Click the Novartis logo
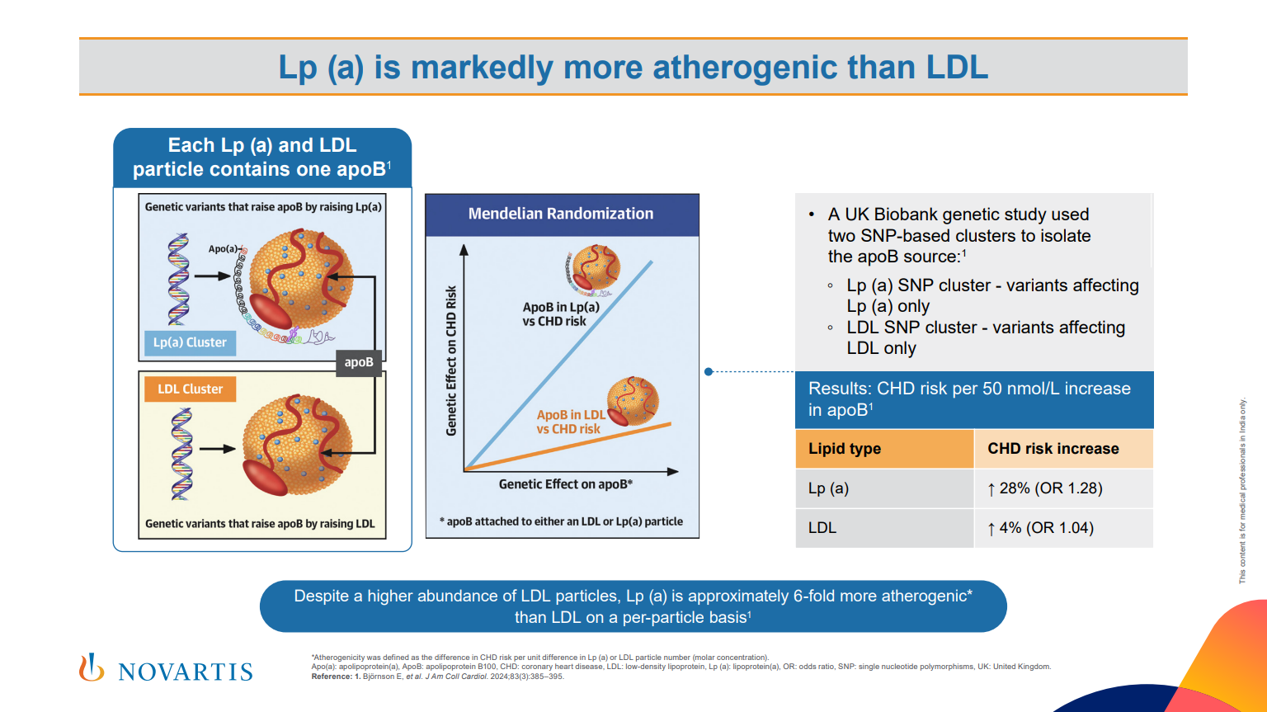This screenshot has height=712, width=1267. [166, 669]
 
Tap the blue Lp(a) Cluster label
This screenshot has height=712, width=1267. [190, 342]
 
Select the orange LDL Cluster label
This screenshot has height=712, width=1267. [191, 389]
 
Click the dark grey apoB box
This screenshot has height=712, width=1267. [359, 362]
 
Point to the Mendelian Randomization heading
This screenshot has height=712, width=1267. [561, 214]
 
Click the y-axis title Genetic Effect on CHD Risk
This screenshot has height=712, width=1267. [451, 361]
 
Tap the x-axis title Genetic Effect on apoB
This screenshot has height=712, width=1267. [565, 484]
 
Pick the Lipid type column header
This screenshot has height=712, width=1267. [845, 449]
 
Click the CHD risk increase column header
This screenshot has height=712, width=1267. [1053, 449]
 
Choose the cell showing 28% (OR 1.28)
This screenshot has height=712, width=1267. [1045, 488]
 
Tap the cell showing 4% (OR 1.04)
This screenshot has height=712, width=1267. [1041, 528]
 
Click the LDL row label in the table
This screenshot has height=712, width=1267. [822, 528]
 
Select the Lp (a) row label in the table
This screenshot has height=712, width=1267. [828, 488]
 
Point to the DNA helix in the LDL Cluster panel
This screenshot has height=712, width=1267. [181, 454]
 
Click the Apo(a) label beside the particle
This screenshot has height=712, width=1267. [222, 248]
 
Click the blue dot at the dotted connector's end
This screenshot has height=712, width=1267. [709, 372]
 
